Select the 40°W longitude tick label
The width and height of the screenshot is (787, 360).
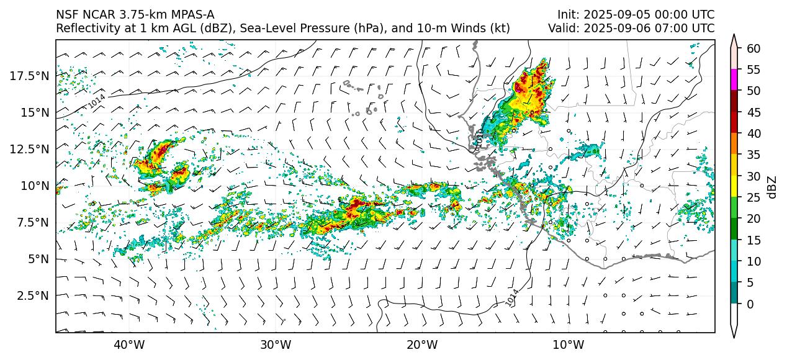tap(129, 344)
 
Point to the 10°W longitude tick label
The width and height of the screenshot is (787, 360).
tap(568, 344)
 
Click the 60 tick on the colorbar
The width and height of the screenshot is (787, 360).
tap(753, 48)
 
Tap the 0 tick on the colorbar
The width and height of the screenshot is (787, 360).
tap(750, 304)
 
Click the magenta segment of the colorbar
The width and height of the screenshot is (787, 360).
tap(734, 80)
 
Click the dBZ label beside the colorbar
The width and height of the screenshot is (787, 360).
tap(773, 186)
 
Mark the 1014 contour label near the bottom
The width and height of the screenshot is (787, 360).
tap(511, 298)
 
